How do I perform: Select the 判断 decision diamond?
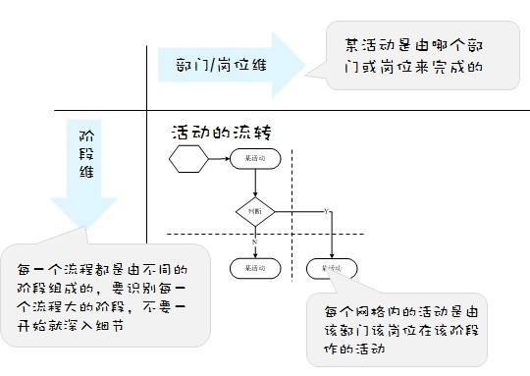click(x=255, y=210)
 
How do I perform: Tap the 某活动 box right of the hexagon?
click(x=255, y=158)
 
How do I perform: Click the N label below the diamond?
click(x=254, y=240)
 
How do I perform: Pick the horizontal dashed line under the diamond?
click(x=216, y=233)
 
